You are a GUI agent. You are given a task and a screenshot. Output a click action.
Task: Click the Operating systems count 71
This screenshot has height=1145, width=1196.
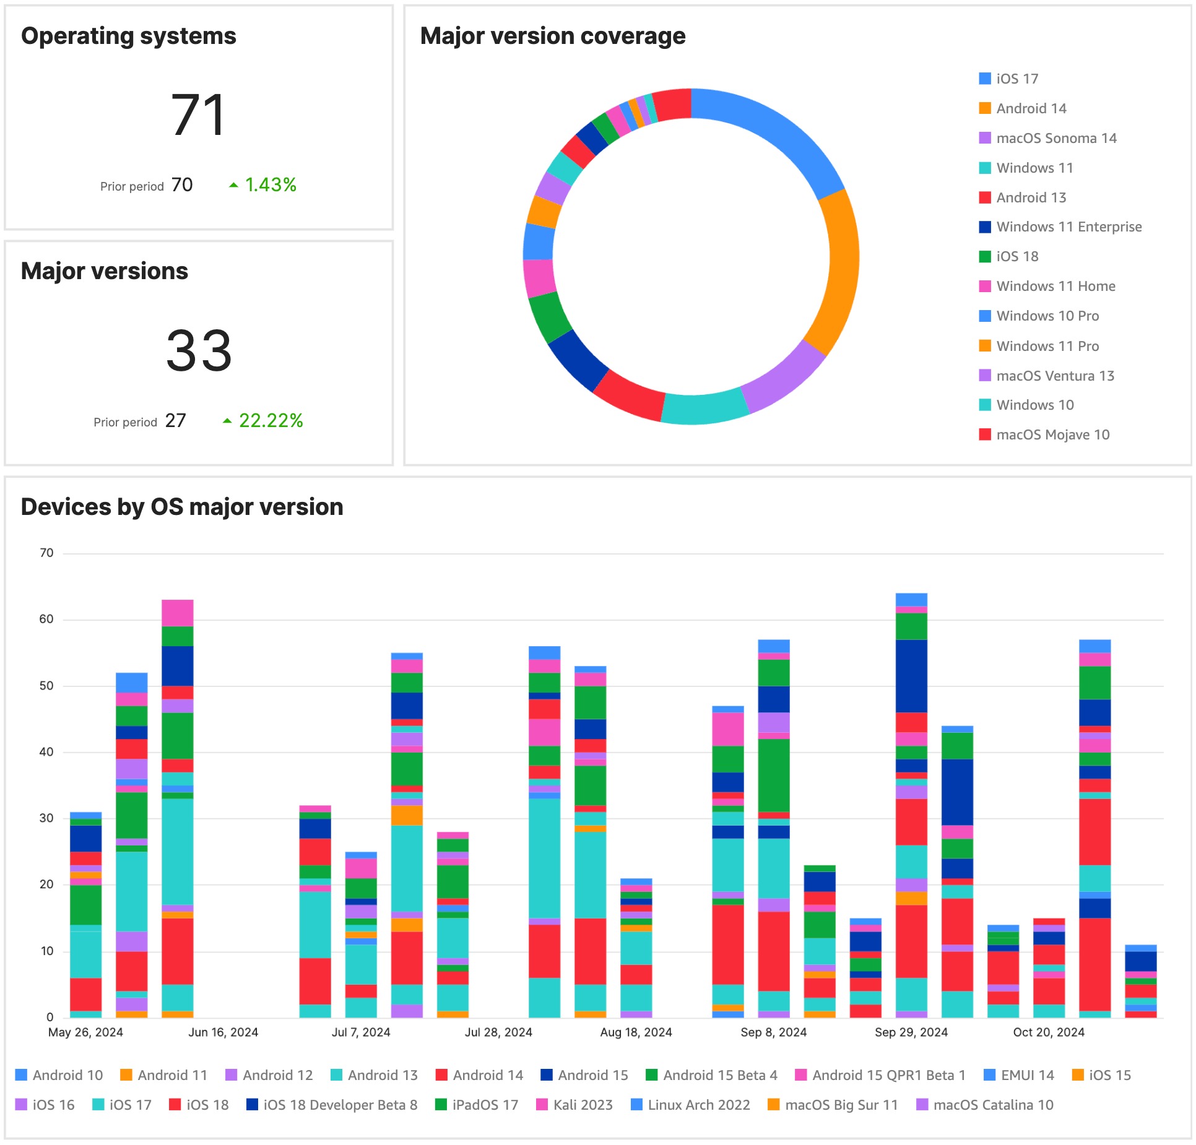click(198, 115)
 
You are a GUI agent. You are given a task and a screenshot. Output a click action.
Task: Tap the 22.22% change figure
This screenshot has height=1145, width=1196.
click(271, 421)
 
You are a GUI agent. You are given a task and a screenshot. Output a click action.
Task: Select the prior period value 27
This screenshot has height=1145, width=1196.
click(175, 421)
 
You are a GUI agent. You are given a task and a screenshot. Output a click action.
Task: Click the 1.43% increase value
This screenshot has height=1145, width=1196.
click(271, 185)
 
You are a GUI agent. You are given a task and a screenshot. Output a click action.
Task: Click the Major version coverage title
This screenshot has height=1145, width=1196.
click(552, 36)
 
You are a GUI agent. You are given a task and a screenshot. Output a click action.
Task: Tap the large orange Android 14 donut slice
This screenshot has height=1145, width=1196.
click(839, 272)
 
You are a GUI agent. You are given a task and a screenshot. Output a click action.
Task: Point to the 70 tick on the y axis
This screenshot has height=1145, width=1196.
click(46, 553)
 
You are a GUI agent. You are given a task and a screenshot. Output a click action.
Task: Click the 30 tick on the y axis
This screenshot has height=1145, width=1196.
click(46, 818)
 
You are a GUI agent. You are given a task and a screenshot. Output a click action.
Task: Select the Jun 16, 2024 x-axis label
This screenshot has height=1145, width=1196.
click(223, 1032)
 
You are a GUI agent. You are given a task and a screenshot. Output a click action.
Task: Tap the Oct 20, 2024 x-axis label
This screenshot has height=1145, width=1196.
click(1049, 1032)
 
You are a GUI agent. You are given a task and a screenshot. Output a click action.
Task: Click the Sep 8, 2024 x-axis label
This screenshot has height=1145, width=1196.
click(773, 1032)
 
